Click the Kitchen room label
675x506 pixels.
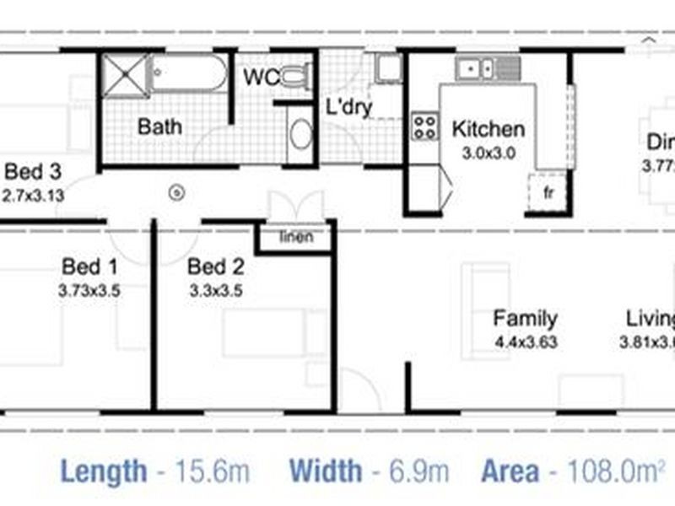point(489,129)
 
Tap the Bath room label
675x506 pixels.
point(159,127)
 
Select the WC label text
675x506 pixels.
point(261,78)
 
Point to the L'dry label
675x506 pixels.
point(348,109)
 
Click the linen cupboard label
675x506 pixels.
point(296,237)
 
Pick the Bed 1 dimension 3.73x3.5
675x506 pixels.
point(89,288)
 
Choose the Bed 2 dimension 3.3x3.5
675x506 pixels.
point(215,288)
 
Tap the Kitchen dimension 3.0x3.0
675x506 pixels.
point(489,153)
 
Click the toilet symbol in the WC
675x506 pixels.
point(293,77)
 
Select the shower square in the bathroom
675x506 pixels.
point(125,73)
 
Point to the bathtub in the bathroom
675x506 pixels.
point(190,74)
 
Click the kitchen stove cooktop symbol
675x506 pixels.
point(424,126)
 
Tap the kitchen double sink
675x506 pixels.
point(477,67)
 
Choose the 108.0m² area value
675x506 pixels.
point(610,470)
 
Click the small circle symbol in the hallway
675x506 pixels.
point(177,191)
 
